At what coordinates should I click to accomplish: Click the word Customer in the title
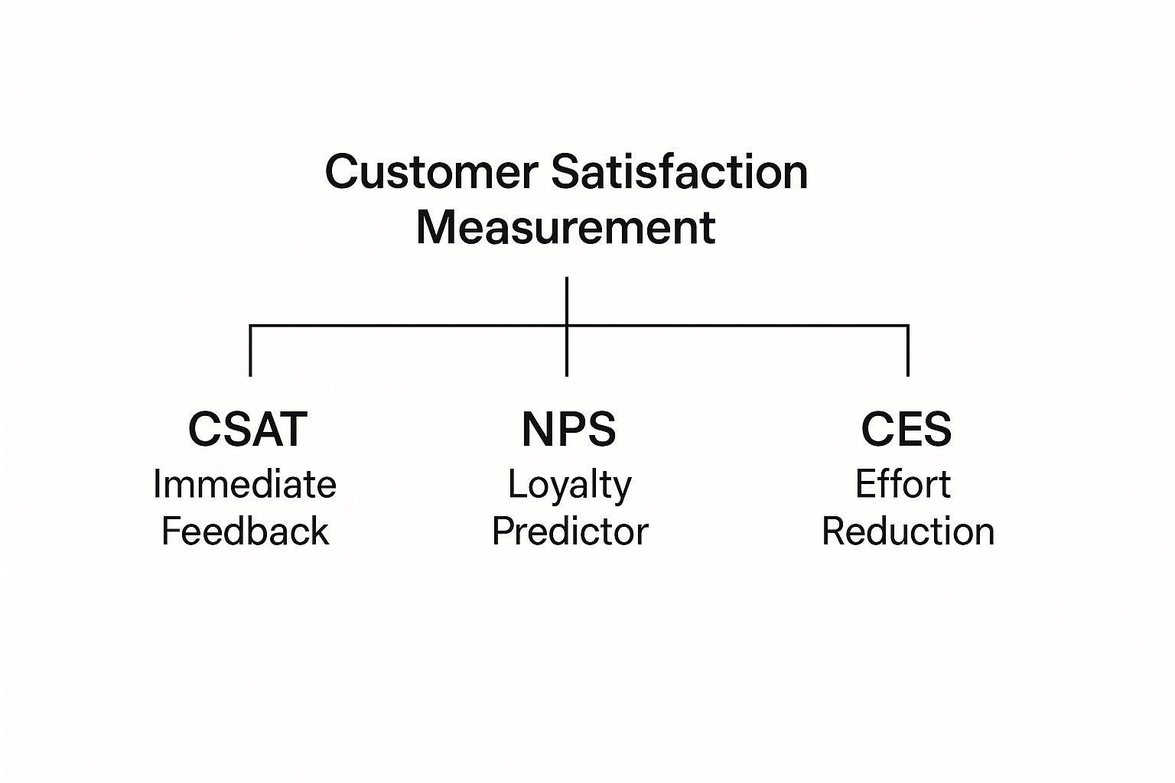431,172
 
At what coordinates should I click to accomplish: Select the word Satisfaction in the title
679,172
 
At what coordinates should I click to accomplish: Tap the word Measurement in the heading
565,227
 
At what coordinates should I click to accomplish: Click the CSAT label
247,429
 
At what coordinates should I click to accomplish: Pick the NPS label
568,429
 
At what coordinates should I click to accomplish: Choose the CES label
906,429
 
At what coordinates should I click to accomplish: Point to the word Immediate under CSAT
245,484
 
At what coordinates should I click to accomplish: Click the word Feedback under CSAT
245,531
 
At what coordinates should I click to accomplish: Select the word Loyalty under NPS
570,485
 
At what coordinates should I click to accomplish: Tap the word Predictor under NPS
570,531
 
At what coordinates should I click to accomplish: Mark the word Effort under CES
903,484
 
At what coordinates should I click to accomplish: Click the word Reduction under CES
908,531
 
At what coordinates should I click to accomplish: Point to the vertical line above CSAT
250,352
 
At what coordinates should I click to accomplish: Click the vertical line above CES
908,352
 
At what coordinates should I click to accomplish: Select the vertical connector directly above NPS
567,353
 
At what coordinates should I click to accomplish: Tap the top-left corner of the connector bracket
251,327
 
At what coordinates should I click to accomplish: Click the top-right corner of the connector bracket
908,327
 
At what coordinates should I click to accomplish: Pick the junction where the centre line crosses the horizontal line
567,327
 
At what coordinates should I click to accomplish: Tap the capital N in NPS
535,429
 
